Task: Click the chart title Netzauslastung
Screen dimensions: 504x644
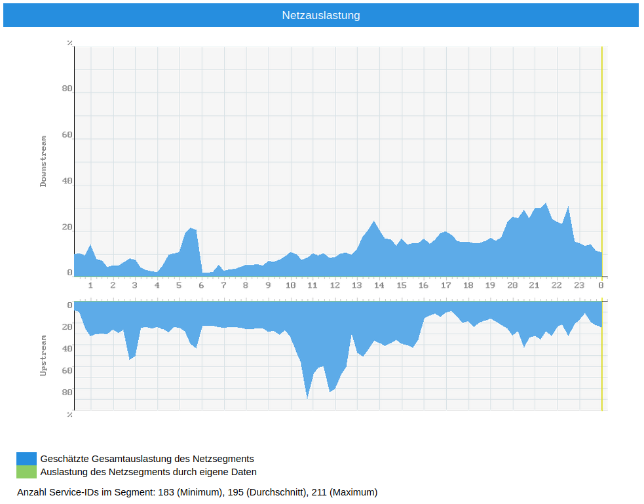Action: click(x=321, y=15)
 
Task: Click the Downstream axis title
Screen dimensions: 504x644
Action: click(x=44, y=161)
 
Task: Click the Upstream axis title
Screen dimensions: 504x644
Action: click(x=44, y=355)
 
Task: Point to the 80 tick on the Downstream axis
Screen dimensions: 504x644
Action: click(x=67, y=89)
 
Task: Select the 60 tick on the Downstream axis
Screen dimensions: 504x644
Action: click(x=67, y=135)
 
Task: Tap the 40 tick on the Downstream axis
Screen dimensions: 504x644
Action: click(x=67, y=181)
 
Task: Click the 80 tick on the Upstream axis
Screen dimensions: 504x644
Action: click(x=67, y=393)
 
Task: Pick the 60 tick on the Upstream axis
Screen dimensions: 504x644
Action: click(x=67, y=371)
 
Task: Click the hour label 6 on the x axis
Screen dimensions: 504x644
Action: click(x=201, y=286)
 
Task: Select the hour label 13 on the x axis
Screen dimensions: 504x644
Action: click(x=356, y=286)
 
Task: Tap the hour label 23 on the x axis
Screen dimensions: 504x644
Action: click(x=578, y=286)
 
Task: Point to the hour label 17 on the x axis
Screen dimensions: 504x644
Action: click(x=445, y=286)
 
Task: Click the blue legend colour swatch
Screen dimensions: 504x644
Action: click(x=27, y=459)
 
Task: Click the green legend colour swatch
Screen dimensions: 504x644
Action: click(x=27, y=472)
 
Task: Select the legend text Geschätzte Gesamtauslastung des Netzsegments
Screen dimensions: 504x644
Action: click(x=147, y=459)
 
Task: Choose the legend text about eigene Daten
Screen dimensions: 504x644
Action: click(x=148, y=472)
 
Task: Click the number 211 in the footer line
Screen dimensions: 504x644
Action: click(x=318, y=492)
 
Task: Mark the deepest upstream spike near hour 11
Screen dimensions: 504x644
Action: click(x=307, y=397)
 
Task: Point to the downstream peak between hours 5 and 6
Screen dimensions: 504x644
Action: click(x=191, y=229)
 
